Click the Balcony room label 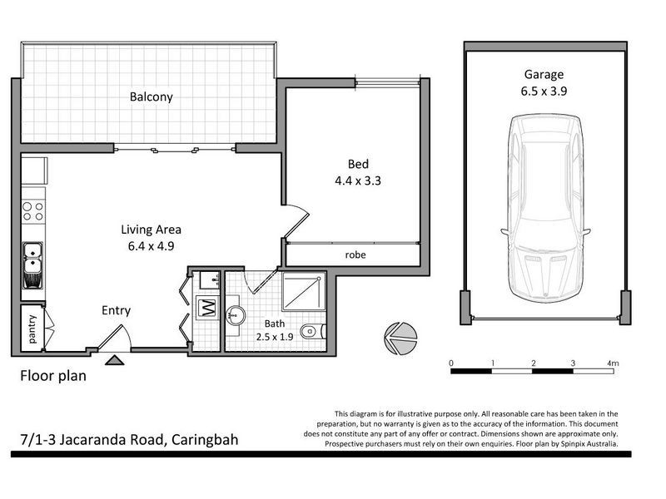tap(151, 96)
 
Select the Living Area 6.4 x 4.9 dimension tap(151, 245)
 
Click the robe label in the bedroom tap(355, 254)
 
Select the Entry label tap(116, 310)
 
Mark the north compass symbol tap(397, 336)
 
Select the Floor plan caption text tap(53, 375)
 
